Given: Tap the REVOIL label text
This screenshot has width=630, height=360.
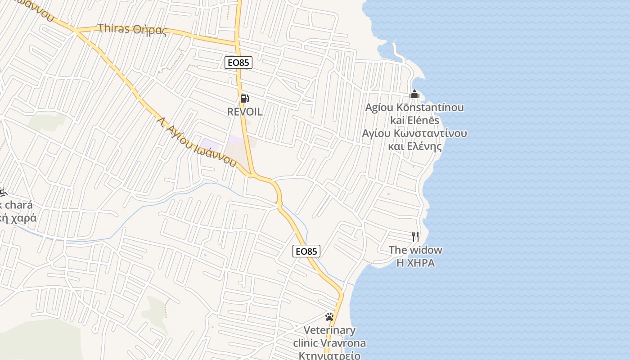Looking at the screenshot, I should pyautogui.click(x=245, y=112).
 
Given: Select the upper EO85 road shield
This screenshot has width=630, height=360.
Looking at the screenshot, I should pyautogui.click(x=238, y=63).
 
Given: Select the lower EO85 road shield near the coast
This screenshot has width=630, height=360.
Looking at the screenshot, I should pyautogui.click(x=306, y=251).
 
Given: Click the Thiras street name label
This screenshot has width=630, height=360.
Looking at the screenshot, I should pyautogui.click(x=114, y=28).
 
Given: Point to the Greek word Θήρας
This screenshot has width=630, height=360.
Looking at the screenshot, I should pyautogui.click(x=150, y=30).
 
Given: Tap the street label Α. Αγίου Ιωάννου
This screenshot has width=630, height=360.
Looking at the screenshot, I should pyautogui.click(x=197, y=142).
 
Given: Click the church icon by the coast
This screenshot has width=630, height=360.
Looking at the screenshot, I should pyautogui.click(x=414, y=94).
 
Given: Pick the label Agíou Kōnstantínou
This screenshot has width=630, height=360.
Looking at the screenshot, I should pyautogui.click(x=414, y=108).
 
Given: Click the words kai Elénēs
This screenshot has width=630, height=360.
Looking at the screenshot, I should pyautogui.click(x=414, y=120).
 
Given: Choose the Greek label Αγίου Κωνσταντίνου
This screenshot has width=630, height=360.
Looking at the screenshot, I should pyautogui.click(x=414, y=134).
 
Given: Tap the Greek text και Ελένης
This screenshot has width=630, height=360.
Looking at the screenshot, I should pyautogui.click(x=414, y=146).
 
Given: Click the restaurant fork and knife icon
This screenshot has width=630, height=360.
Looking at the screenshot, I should pyautogui.click(x=415, y=237).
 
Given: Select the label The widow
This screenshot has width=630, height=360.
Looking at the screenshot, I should pyautogui.click(x=415, y=250).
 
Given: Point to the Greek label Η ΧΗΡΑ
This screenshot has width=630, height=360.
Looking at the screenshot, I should pyautogui.click(x=415, y=263).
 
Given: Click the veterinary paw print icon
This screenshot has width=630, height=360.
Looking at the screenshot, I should pyautogui.click(x=329, y=317).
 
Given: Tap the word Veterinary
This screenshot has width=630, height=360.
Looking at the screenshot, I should pyautogui.click(x=329, y=330).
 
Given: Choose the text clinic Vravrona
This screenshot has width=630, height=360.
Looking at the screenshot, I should pyautogui.click(x=329, y=343).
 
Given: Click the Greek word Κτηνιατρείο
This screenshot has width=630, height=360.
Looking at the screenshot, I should pyautogui.click(x=329, y=355).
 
